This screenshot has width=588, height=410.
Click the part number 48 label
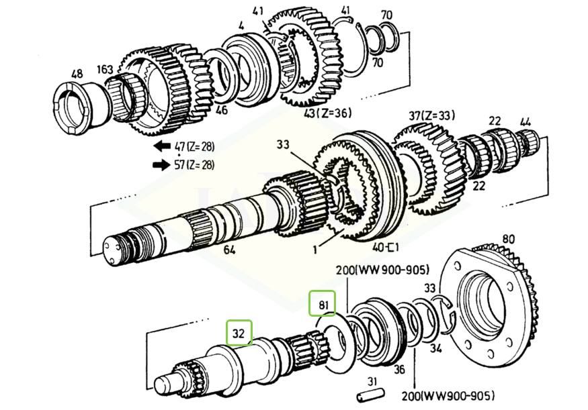77,73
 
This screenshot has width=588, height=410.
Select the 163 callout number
105,70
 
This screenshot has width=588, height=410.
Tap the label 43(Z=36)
328,113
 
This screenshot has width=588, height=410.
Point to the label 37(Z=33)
431,115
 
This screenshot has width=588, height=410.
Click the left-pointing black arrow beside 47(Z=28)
162,146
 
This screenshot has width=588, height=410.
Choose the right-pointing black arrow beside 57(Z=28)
161,164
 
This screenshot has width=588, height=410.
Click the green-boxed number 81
322,305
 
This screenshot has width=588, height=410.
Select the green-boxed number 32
239,333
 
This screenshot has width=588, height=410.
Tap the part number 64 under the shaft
229,250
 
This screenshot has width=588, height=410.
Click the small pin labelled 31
370,395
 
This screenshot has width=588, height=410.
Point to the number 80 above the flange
508,239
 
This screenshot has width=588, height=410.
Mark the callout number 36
399,370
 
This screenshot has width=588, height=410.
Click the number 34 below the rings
435,348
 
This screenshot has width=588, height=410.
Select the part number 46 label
222,110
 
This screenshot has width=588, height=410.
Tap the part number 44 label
526,121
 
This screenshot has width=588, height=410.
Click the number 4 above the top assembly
241,26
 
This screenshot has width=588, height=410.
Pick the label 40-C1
386,247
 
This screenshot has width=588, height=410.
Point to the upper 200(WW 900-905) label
382,270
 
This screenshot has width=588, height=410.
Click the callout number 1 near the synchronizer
315,250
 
